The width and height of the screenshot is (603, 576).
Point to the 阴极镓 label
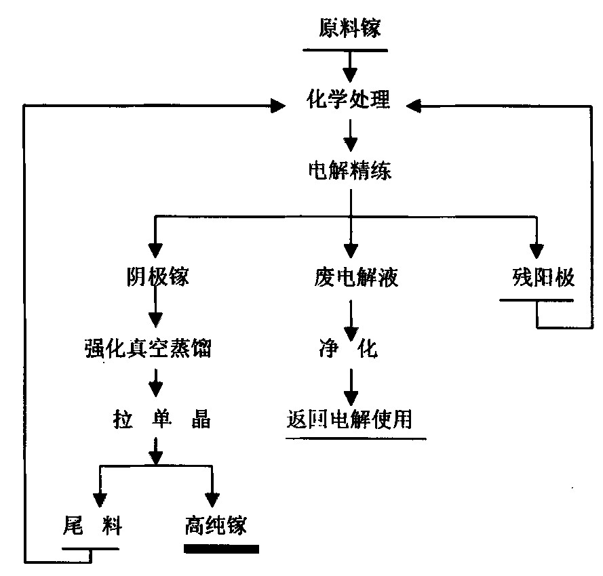tap(157, 277)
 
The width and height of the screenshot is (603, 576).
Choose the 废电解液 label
tap(350, 277)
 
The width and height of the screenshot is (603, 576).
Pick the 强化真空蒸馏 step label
tap(157, 350)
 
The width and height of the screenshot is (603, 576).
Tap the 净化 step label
tap(350, 350)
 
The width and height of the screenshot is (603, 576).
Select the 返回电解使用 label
tap(350, 421)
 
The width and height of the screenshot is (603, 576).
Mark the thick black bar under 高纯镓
tap(221, 548)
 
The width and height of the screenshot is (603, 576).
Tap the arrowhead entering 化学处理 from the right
tap(415, 105)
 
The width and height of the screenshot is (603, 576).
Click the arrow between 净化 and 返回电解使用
tap(350, 387)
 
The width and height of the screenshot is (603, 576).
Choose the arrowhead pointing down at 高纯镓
tap(213, 498)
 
